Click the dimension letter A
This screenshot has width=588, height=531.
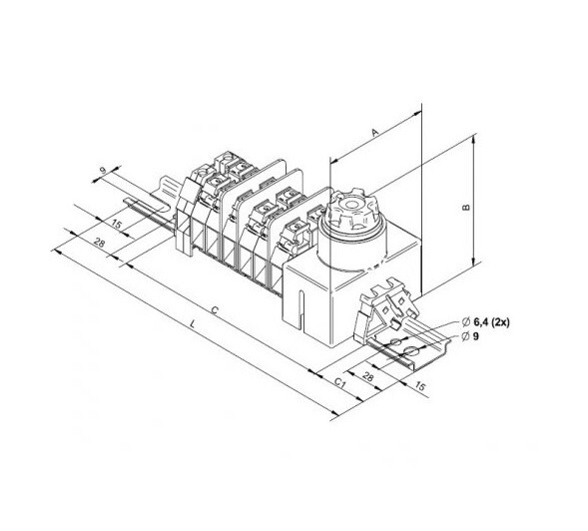click(x=374, y=132)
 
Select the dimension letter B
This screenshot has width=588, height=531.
click(x=466, y=207)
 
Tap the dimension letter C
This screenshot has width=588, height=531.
click(x=215, y=309)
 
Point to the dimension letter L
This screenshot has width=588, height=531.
click(x=193, y=323)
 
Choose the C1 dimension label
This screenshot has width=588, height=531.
click(x=339, y=382)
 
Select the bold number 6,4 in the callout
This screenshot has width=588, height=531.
click(x=481, y=321)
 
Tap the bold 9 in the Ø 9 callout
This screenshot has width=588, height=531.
click(x=476, y=336)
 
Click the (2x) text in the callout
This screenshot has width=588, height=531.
click(x=501, y=321)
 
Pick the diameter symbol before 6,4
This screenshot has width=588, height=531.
click(x=466, y=321)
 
